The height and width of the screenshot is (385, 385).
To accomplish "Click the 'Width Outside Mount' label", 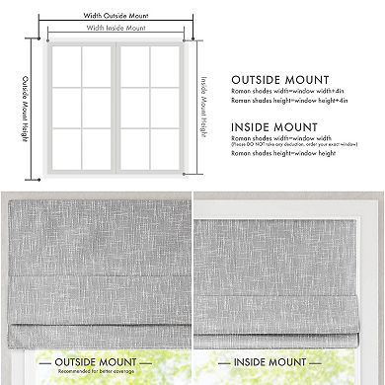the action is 115,14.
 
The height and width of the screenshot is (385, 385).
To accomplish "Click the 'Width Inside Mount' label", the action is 115,28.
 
